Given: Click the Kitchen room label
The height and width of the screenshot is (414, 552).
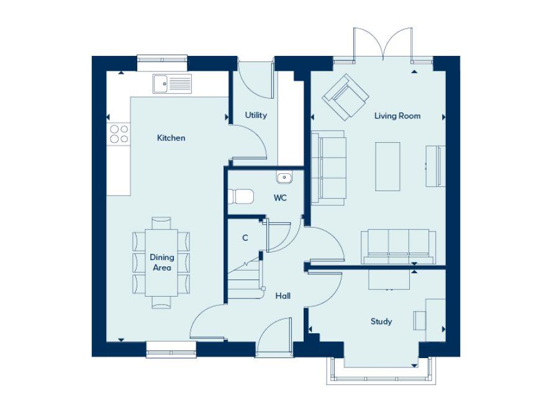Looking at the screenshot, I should pyautogui.click(x=171, y=138).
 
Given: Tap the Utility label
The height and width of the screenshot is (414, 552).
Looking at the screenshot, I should pyautogui.click(x=256, y=115).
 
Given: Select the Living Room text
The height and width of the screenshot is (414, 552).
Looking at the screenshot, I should pyautogui.click(x=397, y=116).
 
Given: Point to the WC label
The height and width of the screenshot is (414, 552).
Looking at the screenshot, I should pyautogui.click(x=280, y=199).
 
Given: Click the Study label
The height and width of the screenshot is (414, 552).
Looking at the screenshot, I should pyautogui.click(x=381, y=322).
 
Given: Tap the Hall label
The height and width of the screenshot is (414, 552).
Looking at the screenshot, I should pyautogui.click(x=283, y=296).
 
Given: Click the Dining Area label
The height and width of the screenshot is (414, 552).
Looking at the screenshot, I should pyautogui.click(x=161, y=263).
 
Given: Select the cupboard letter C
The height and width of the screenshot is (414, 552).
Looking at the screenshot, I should pyautogui.click(x=245, y=238).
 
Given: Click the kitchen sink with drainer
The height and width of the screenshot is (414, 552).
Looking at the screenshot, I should pyautogui.click(x=172, y=83).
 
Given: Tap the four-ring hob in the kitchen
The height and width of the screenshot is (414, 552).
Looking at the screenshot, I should pyautogui.click(x=119, y=134).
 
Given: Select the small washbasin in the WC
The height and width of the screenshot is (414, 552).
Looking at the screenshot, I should pyautogui.click(x=284, y=178).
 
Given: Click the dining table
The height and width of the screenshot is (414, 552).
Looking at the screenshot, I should pyautogui.click(x=161, y=262).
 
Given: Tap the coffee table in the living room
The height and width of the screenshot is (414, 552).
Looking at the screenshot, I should pyautogui.click(x=387, y=166).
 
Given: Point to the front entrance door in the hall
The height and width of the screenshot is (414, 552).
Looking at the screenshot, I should pyautogui.click(x=274, y=338).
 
